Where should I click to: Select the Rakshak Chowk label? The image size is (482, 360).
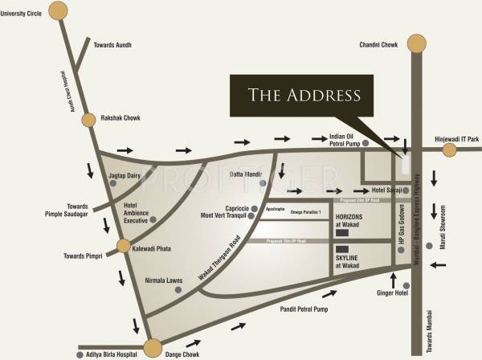[x=121, y=118]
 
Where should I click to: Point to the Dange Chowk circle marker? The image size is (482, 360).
[x=152, y=347]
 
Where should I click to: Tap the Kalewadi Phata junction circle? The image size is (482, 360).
[x=123, y=246]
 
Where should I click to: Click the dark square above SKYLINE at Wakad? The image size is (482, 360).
[x=342, y=248]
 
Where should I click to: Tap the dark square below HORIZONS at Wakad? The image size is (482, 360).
[x=342, y=233]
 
